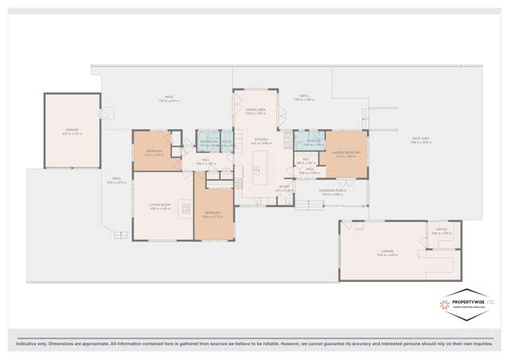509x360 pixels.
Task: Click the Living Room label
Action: pyautogui.click(x=161, y=205)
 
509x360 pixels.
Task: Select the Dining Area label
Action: pyautogui.click(x=256, y=112)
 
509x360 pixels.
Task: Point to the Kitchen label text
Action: pyautogui.click(x=260, y=140)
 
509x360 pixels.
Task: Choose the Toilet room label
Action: pyautogui.click(x=226, y=143)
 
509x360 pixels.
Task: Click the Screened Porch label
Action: pyautogui.click(x=311, y=192)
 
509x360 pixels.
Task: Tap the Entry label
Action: pyautogui.click(x=284, y=190)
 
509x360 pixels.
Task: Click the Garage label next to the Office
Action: pyautogui.click(x=386, y=252)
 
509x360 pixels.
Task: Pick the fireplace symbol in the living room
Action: pyautogui.click(x=186, y=209)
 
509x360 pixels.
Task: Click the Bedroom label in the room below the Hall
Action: pyautogui.click(x=212, y=213)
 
